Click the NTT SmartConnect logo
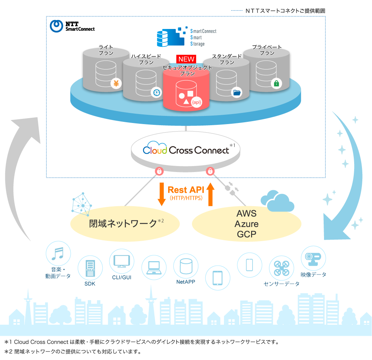(72, 26)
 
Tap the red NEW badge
(186, 59)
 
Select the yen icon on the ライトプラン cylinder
(116, 84)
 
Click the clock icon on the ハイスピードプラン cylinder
(156, 93)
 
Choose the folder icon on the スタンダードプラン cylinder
(236, 93)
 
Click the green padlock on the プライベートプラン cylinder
(276, 84)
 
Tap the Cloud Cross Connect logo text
(186, 150)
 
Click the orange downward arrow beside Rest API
(161, 194)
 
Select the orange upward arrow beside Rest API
(211, 194)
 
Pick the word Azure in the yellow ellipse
(246, 224)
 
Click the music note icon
(58, 254)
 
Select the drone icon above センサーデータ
(282, 268)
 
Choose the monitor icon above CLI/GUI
(122, 261)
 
